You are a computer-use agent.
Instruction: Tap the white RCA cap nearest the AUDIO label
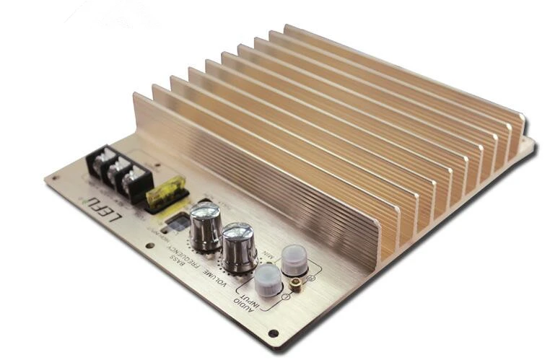pyautogui.click(x=266, y=280)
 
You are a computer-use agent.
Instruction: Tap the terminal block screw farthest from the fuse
pyautogui.click(x=101, y=161)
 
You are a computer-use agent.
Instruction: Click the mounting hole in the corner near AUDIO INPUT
pyautogui.click(x=273, y=333)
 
